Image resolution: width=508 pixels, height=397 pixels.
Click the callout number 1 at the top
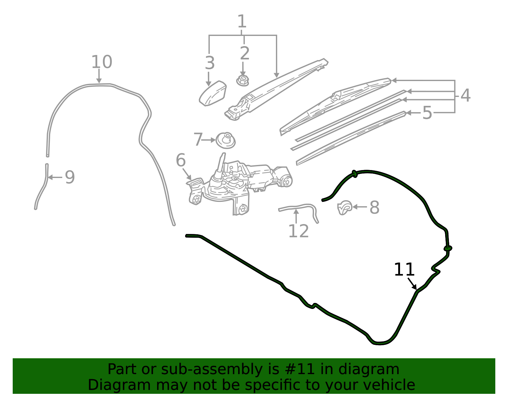click(242, 21)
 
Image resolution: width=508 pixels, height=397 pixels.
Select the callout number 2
click(244, 53)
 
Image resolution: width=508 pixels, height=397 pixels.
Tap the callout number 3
click(210, 63)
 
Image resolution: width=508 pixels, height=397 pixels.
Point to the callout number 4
click(465, 95)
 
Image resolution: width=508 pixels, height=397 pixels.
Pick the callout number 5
click(427, 113)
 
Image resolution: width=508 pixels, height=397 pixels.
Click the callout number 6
click(180, 160)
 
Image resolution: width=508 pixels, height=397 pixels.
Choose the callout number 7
click(198, 140)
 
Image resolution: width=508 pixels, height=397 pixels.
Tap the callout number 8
click(374, 207)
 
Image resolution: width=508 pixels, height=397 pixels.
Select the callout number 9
click(70, 177)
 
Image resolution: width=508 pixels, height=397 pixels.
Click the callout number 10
click(102, 62)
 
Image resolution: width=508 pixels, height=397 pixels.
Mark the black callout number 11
click(404, 270)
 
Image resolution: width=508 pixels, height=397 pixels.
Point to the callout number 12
click(298, 231)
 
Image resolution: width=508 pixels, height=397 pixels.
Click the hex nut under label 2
click(243, 80)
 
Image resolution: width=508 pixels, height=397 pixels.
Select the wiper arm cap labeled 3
click(212, 93)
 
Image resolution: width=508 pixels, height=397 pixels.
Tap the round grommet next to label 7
click(225, 140)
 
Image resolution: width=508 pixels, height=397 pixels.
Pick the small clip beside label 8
click(344, 208)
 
